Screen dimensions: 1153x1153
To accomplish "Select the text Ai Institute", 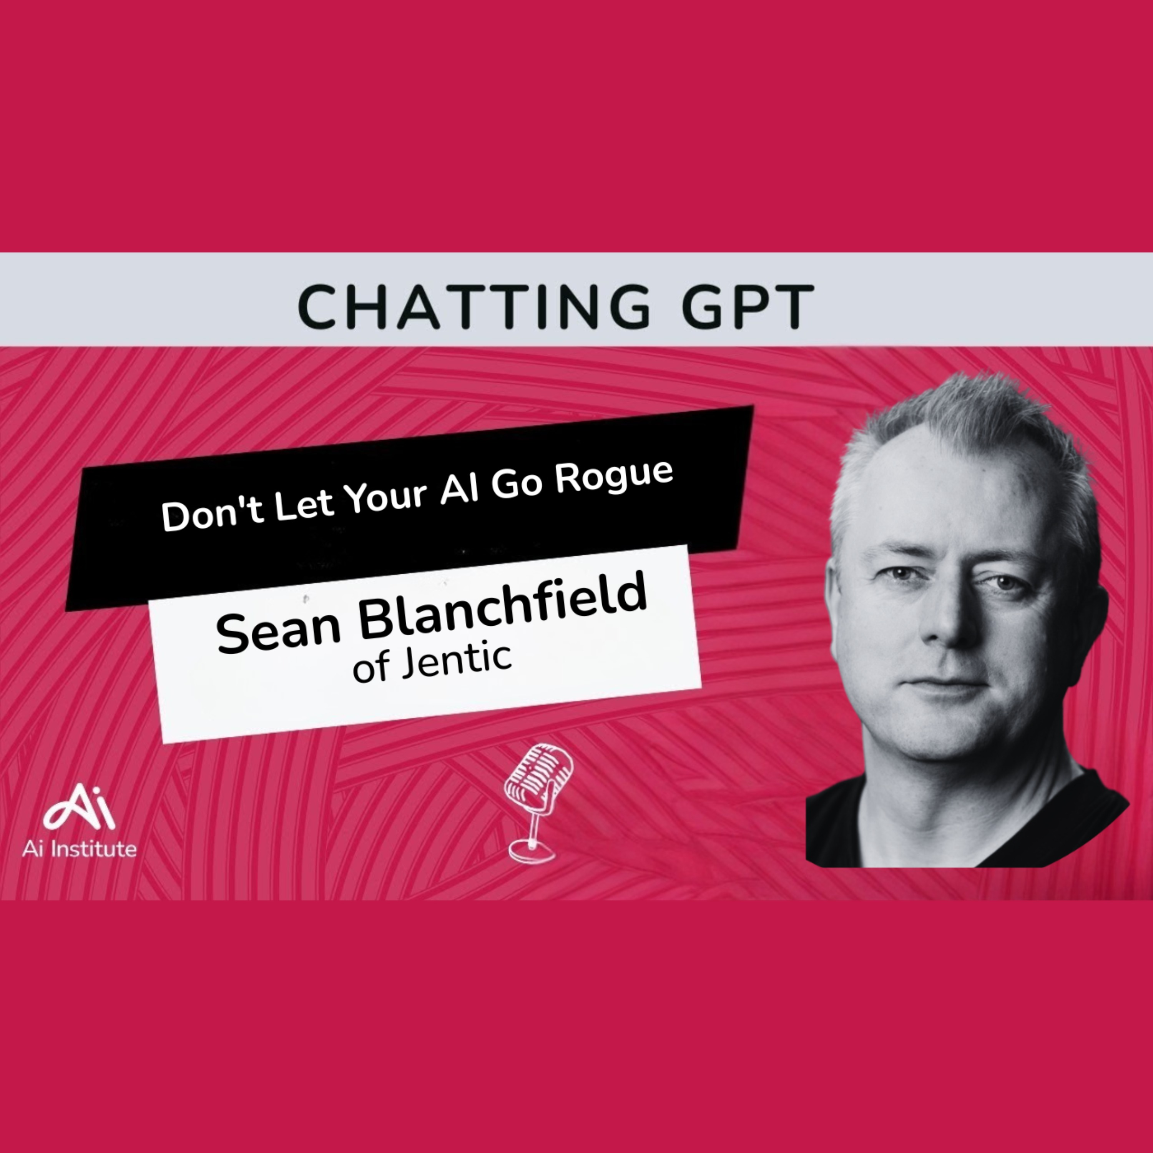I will coord(80,849).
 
